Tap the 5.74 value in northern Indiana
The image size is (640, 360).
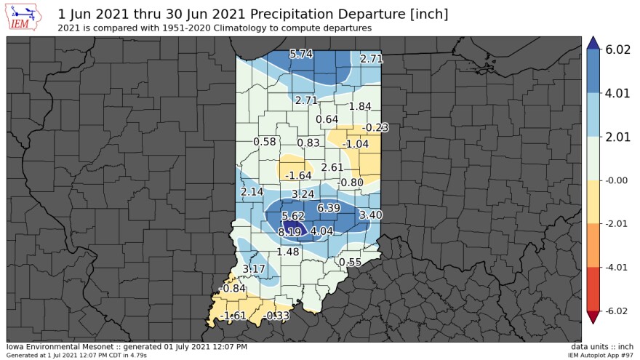pyautogui.click(x=301, y=55)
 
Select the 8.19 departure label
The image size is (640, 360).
pyautogui.click(x=290, y=232)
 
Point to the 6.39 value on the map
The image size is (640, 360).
pyautogui.click(x=329, y=208)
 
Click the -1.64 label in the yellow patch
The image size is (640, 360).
pyautogui.click(x=299, y=176)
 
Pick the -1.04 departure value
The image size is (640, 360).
pyautogui.click(x=356, y=144)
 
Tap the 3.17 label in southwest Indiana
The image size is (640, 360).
pyautogui.click(x=254, y=269)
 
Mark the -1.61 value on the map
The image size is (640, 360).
pyautogui.click(x=234, y=315)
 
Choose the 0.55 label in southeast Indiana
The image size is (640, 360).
pyautogui.click(x=350, y=262)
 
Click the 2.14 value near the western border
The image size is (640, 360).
pyautogui.click(x=252, y=191)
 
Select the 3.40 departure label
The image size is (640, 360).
pyautogui.click(x=371, y=215)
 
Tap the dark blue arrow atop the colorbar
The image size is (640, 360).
pyautogui.click(x=593, y=43)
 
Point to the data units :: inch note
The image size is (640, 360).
pyautogui.click(x=602, y=346)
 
